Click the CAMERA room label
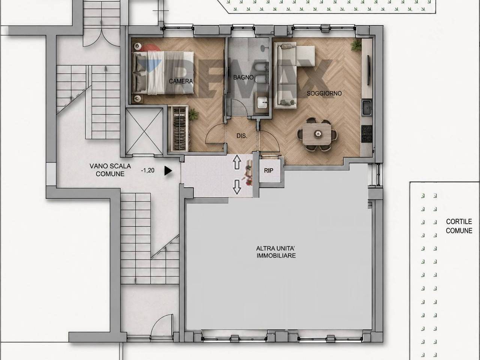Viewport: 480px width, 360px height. click(x=181, y=81)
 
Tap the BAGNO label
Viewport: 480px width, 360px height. click(x=243, y=77)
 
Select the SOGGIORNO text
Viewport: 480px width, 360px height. click(x=324, y=93)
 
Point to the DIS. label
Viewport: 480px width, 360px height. click(x=242, y=136)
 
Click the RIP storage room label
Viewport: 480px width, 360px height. click(x=268, y=171)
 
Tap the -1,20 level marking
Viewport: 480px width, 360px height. click(x=148, y=170)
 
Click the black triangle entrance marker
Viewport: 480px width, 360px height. click(x=168, y=171)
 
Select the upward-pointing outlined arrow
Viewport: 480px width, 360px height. click(x=237, y=162)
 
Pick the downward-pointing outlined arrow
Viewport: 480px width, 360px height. click(x=237, y=187)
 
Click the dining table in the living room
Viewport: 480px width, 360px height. click(x=317, y=134)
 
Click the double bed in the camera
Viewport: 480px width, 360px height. click(x=163, y=73)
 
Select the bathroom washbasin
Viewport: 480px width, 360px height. click(x=262, y=102)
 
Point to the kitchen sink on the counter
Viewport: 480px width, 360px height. click(x=366, y=107)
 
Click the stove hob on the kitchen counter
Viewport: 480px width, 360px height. click(x=367, y=134)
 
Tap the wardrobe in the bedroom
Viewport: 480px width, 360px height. click(x=178, y=128)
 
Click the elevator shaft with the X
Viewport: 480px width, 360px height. click(x=144, y=131)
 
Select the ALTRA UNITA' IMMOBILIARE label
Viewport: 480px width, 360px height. click(x=276, y=252)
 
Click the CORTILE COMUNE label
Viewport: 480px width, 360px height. click(x=459, y=226)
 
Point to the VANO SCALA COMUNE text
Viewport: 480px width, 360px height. click(x=110, y=170)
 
